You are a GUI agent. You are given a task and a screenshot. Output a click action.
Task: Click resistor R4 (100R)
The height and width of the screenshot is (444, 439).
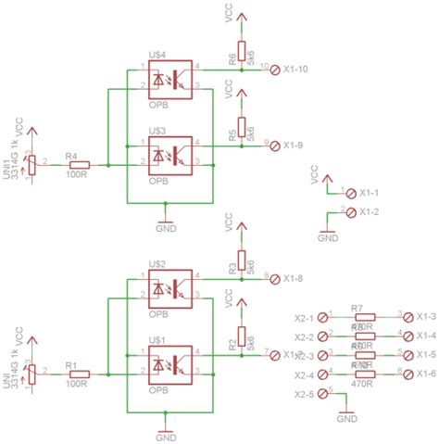(x=78, y=165)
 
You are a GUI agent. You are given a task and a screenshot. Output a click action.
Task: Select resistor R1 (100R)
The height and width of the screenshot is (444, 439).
(x=78, y=374)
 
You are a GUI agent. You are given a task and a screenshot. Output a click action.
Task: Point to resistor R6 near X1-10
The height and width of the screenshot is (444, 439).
(x=241, y=50)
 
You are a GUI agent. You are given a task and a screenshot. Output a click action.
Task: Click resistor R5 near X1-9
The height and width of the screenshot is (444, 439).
(x=241, y=126)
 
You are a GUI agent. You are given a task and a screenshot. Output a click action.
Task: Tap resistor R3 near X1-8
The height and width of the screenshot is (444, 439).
(x=241, y=260)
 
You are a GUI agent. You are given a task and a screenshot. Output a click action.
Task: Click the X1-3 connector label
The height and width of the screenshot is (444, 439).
(x=425, y=317)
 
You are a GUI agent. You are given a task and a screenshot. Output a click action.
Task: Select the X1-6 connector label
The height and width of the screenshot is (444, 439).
(x=425, y=374)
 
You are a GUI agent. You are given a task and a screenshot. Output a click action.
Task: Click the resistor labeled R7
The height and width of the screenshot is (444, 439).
(x=364, y=317)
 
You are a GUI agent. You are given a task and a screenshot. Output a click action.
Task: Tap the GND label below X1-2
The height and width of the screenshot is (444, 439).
(x=328, y=238)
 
